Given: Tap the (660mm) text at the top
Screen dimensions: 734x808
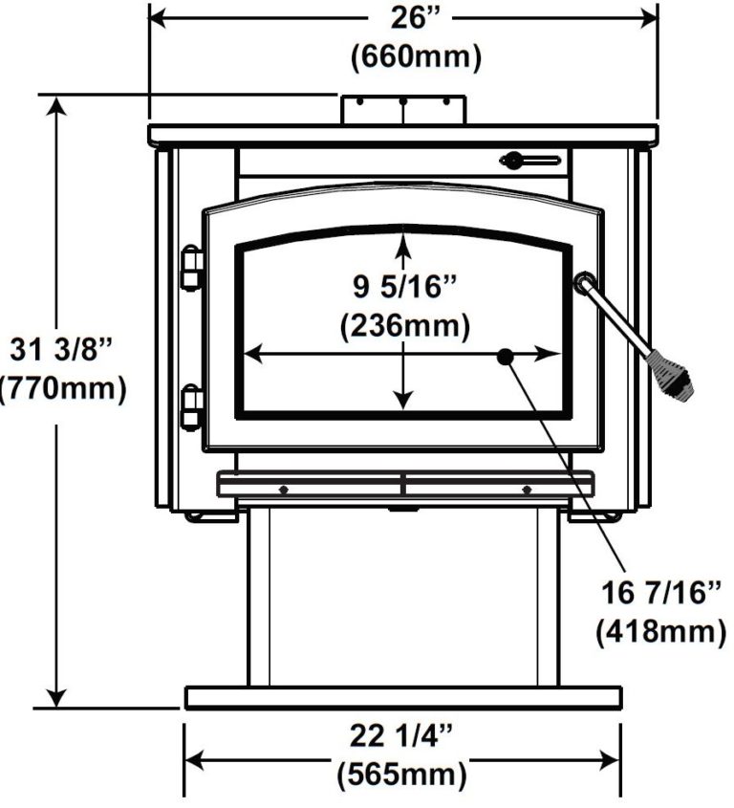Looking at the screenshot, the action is (x=416, y=56).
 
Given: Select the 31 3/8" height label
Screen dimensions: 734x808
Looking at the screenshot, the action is (x=61, y=350).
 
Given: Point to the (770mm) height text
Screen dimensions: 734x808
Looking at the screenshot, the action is (x=62, y=388).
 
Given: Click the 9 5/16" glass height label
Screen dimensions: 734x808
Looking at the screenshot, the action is (x=405, y=286).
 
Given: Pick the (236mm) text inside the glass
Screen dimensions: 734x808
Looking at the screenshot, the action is (x=405, y=326).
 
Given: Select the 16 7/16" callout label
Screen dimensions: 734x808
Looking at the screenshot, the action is (x=662, y=592).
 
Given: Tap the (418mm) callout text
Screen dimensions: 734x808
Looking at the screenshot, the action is (x=661, y=630).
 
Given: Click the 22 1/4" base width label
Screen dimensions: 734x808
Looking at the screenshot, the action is (x=401, y=735).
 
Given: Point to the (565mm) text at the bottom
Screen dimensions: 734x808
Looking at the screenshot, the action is (x=401, y=775).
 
